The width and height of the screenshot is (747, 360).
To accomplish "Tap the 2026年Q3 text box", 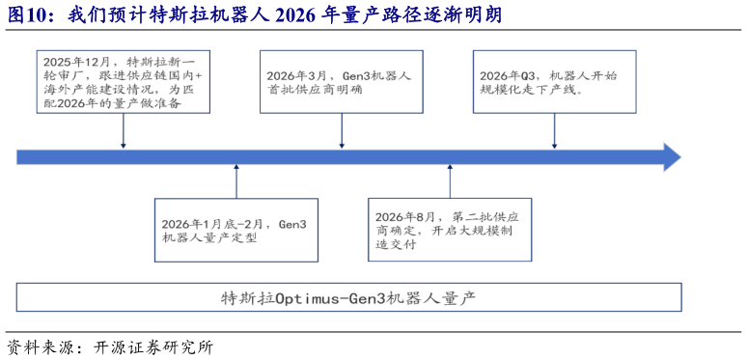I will coord(553,83).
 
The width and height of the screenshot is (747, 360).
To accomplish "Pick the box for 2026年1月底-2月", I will coord(235,229).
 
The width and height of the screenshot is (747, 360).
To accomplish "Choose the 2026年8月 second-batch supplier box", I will coord(450,229).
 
